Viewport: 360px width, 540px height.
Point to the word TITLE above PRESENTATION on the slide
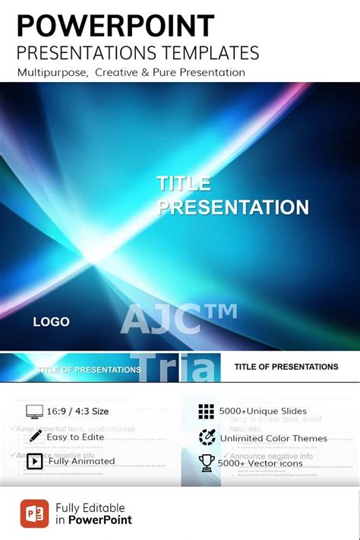click(184, 183)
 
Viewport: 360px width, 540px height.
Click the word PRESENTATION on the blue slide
click(232, 207)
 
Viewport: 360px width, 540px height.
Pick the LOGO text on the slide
click(51, 322)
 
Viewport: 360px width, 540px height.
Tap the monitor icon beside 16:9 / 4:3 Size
click(35, 412)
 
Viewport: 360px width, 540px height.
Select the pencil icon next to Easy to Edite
click(35, 436)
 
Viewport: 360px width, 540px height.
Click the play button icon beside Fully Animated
click(35, 461)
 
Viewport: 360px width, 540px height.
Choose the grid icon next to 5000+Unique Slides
click(207, 412)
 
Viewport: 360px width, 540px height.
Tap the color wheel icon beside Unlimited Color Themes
click(207, 437)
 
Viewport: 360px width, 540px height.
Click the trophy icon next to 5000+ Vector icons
click(207, 463)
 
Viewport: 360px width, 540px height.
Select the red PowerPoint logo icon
click(35, 513)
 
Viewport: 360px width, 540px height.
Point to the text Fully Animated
click(81, 461)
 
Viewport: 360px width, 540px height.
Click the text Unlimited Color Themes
click(273, 438)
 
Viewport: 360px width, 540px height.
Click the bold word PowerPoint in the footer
click(100, 520)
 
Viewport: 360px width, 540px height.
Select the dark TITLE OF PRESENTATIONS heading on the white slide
click(286, 367)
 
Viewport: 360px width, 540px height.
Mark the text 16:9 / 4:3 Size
click(78, 412)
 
